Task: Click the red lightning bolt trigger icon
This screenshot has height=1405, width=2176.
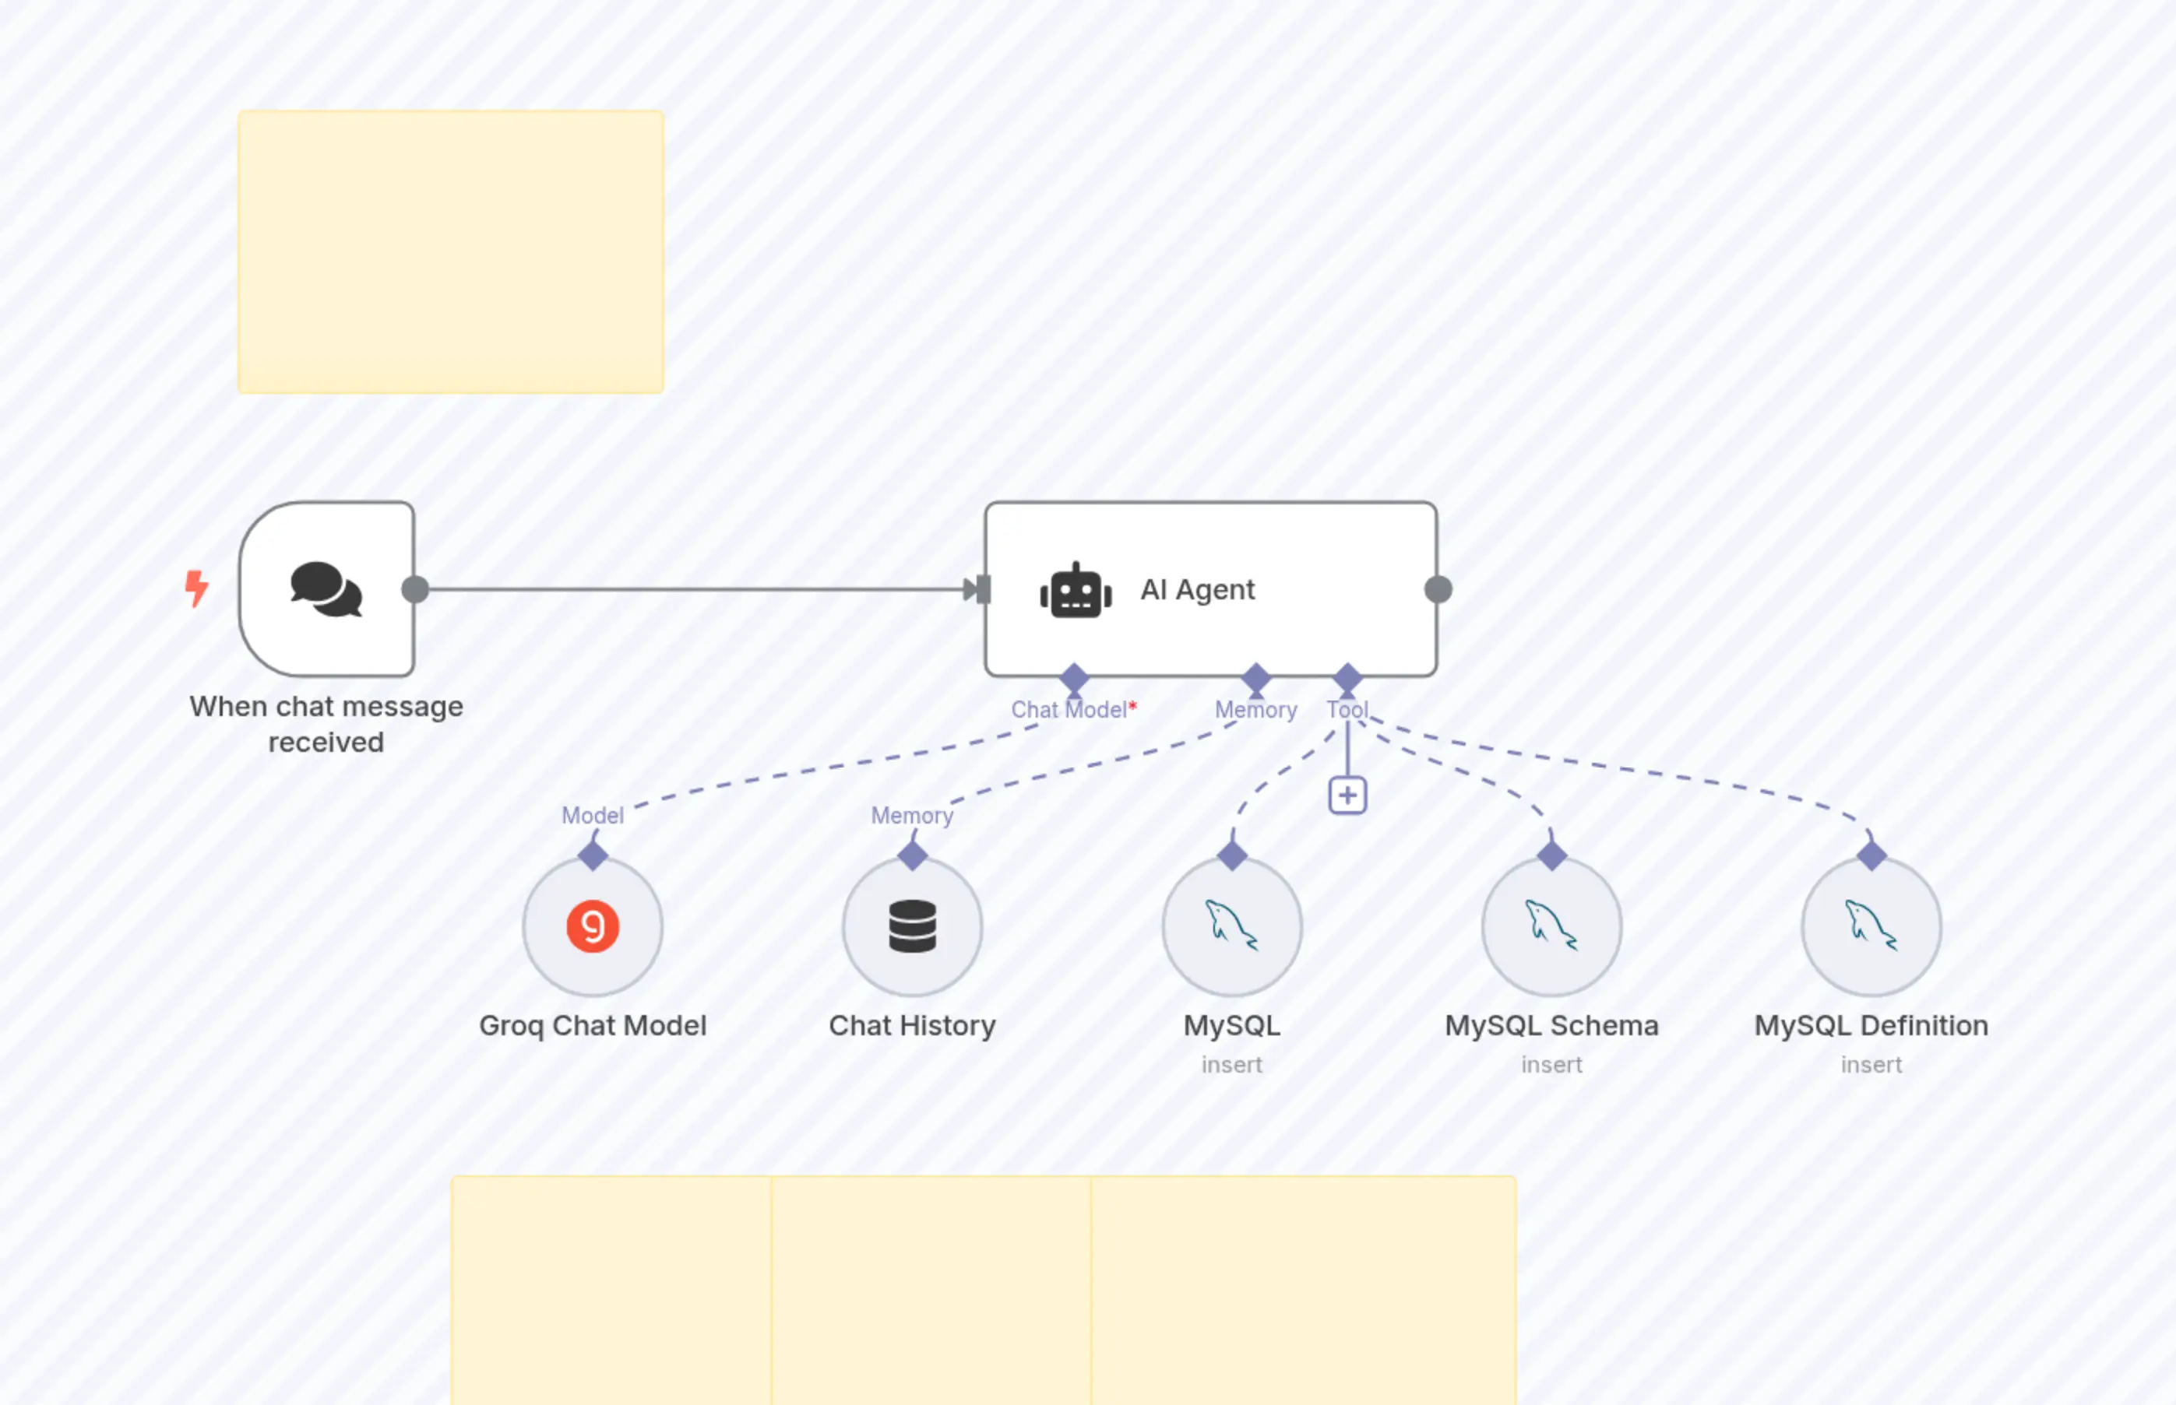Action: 196,588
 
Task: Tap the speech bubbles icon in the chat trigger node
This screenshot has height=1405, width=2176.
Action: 326,589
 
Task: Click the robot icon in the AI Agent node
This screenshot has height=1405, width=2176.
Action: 1076,590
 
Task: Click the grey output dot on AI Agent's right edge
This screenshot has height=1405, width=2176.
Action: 1438,590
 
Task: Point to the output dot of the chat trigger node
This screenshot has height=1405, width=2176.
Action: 415,590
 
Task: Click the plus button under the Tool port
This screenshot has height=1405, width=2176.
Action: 1347,796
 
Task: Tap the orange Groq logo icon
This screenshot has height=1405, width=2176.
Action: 593,927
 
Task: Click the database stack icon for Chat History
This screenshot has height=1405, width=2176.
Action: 912,927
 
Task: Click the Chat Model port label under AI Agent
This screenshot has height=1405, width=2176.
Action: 1071,710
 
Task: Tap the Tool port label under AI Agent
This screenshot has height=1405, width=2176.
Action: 1347,710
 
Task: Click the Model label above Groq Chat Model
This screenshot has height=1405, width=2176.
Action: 593,816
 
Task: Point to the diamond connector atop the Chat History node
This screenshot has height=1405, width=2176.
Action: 912,855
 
